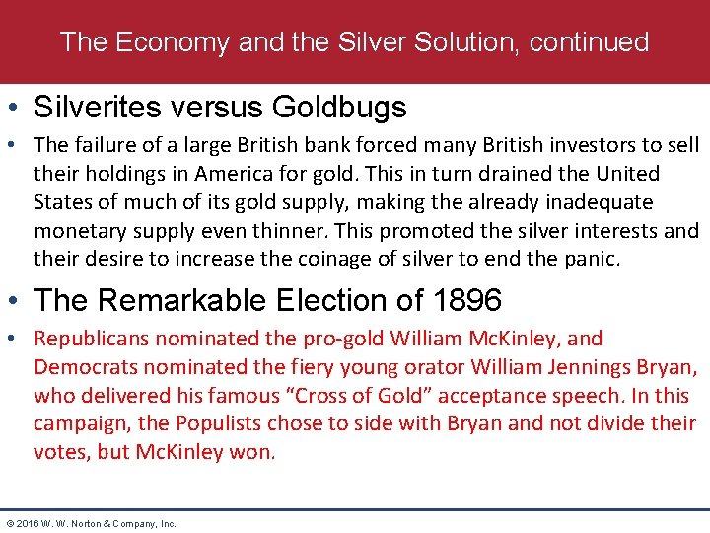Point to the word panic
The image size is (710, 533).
coord(591,260)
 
